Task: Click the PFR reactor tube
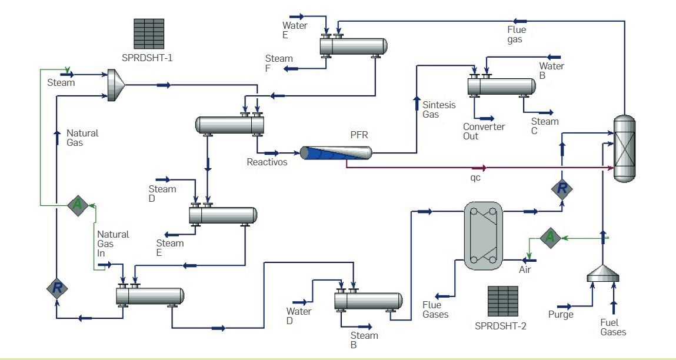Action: pos(336,153)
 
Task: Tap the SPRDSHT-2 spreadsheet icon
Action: pos(502,301)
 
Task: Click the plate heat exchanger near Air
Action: pos(483,236)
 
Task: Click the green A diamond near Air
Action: pos(550,238)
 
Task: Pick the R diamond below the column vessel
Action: pos(562,188)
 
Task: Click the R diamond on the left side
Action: pos(57,288)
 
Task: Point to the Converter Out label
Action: pos(483,131)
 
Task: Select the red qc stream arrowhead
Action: pos(483,168)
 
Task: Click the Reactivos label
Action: pos(267,162)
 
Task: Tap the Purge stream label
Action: pos(560,315)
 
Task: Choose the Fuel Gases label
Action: pos(613,327)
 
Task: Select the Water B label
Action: pos(551,71)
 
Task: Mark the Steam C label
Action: pos(544,126)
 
